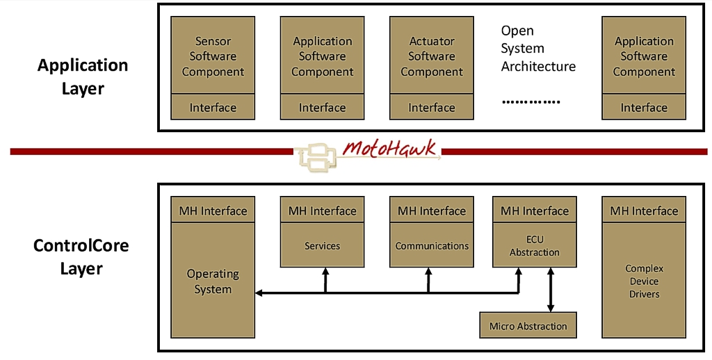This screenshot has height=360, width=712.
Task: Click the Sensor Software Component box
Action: [x=213, y=56]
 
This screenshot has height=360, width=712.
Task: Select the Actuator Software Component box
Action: [x=431, y=56]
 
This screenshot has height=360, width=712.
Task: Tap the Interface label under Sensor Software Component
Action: [x=213, y=108]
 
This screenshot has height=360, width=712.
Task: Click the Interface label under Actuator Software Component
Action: [x=431, y=108]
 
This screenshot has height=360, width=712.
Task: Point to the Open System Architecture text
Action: [x=538, y=49]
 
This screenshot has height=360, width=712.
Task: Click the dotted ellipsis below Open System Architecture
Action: [x=531, y=101]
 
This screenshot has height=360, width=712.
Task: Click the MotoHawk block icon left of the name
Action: [x=317, y=156]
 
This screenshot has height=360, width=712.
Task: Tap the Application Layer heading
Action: [x=83, y=76]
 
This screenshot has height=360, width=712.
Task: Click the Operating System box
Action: [x=213, y=281]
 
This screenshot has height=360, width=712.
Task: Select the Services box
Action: [x=323, y=246]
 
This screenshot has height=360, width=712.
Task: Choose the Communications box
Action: [x=432, y=246]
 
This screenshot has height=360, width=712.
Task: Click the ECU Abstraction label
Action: [x=534, y=246]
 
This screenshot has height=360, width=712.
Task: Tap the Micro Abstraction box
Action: [x=528, y=326]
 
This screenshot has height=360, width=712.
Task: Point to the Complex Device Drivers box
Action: [x=644, y=281]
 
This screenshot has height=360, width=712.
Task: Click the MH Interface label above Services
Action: [x=323, y=211]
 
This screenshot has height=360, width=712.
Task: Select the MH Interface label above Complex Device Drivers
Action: [x=644, y=211]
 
